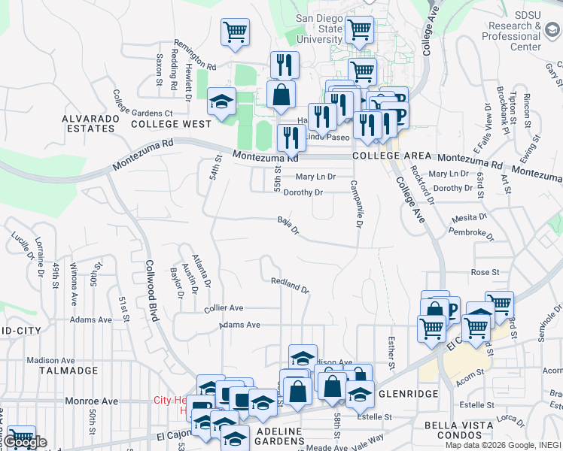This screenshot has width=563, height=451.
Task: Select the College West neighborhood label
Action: [x=171, y=124]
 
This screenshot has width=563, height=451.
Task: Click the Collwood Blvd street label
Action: [x=150, y=290]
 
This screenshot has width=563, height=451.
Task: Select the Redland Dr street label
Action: [x=290, y=285]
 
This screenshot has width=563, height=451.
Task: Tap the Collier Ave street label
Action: [x=224, y=308]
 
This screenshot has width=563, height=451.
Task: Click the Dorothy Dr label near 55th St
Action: [x=303, y=192]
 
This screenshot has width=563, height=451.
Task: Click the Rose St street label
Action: [x=485, y=272]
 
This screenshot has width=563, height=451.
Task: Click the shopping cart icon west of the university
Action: [x=235, y=32]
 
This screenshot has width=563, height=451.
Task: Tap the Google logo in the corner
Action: [x=24, y=441]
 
